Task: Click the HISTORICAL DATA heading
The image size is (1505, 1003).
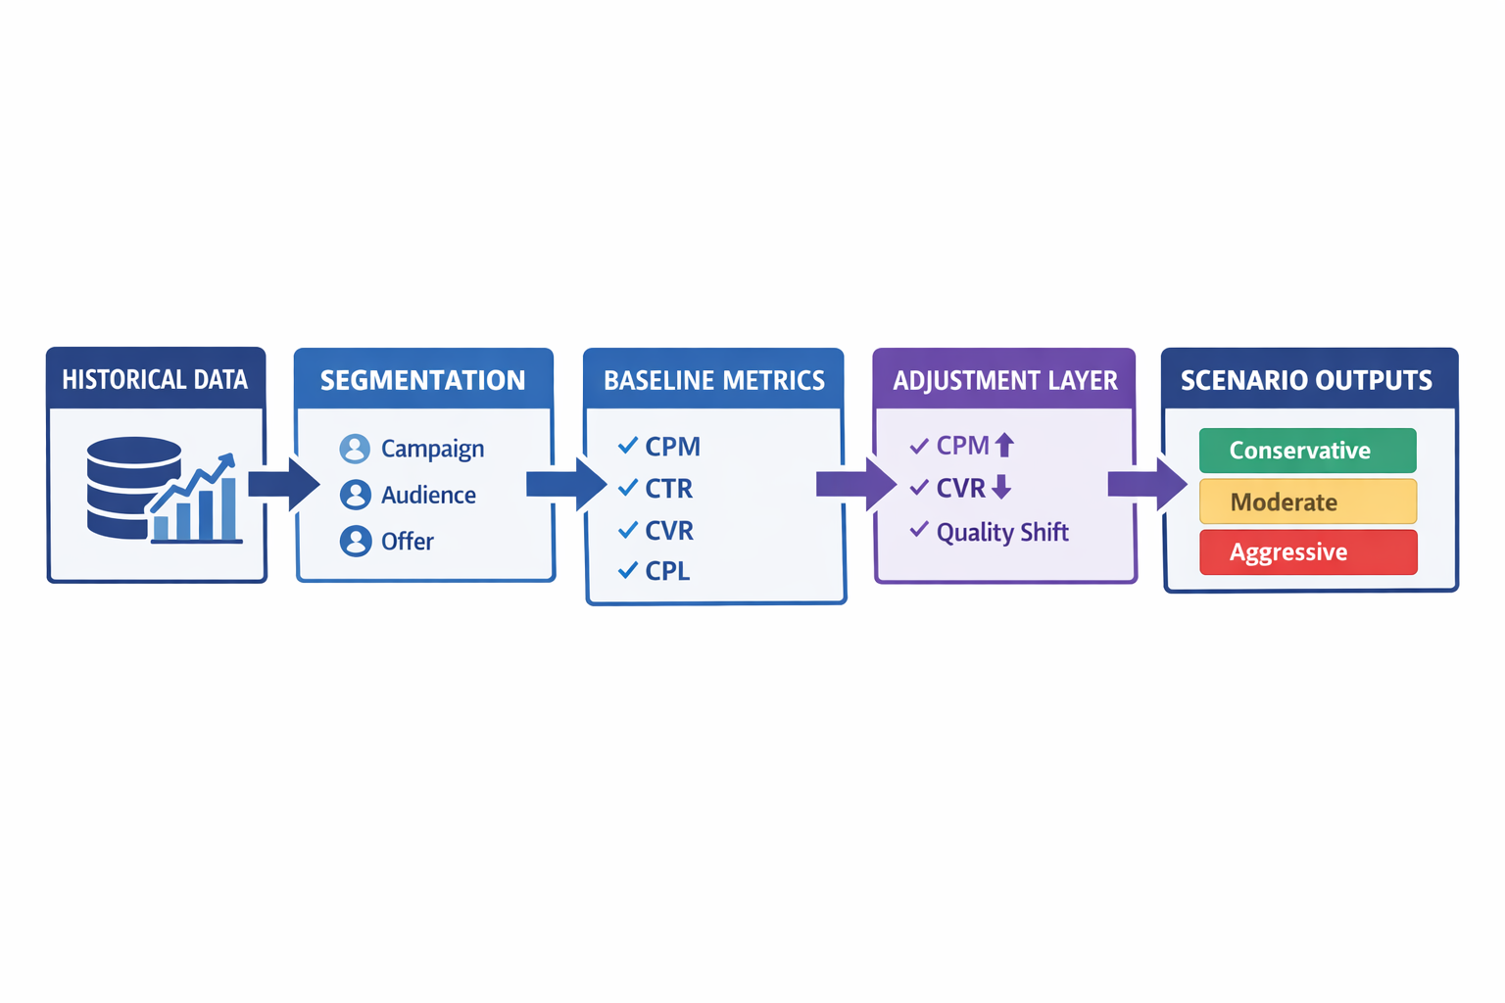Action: click(155, 380)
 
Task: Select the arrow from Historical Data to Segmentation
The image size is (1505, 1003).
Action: click(283, 484)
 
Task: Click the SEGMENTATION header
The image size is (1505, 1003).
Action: click(422, 380)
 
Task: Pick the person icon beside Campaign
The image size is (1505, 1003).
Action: click(355, 449)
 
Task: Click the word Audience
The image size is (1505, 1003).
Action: click(428, 496)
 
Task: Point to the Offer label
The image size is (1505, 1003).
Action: click(407, 542)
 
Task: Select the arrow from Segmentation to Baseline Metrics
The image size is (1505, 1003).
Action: click(566, 484)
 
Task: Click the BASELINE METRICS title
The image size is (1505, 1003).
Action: click(713, 380)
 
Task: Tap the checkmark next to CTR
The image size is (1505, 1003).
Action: click(628, 487)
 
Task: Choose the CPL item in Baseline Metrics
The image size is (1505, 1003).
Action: click(667, 571)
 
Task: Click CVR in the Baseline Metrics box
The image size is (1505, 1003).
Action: click(669, 531)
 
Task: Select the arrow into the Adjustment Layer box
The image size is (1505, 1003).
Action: click(855, 484)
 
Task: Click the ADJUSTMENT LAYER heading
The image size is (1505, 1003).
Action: click(1004, 380)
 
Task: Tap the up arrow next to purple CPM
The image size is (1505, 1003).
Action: click(1004, 446)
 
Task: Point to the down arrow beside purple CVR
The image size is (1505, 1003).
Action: click(1001, 487)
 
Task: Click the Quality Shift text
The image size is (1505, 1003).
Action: click(1001, 533)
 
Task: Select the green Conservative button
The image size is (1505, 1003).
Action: click(1307, 451)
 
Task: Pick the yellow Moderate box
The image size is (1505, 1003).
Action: click(1307, 501)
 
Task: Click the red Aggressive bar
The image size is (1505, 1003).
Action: click(1307, 552)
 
